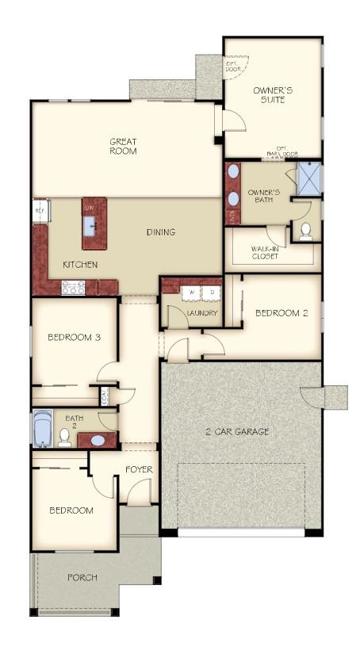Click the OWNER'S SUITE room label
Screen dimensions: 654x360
[273, 95]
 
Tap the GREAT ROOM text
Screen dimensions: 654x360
[123, 147]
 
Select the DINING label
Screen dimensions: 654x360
[160, 232]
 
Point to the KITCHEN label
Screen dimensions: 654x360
[80, 265]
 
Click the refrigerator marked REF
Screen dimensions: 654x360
[40, 211]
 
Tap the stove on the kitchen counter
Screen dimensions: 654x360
[73, 289]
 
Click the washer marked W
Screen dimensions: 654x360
[190, 293]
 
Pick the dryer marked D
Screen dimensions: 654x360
[212, 293]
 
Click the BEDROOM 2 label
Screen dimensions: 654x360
[281, 313]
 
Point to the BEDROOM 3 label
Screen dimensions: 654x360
[74, 337]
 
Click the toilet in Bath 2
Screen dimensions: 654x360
[65, 437]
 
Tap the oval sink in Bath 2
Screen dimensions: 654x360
[98, 440]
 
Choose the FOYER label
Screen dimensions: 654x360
[139, 470]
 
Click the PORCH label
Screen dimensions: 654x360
[82, 578]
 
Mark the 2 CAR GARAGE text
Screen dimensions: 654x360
[238, 432]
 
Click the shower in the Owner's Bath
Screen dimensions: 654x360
[308, 178]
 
